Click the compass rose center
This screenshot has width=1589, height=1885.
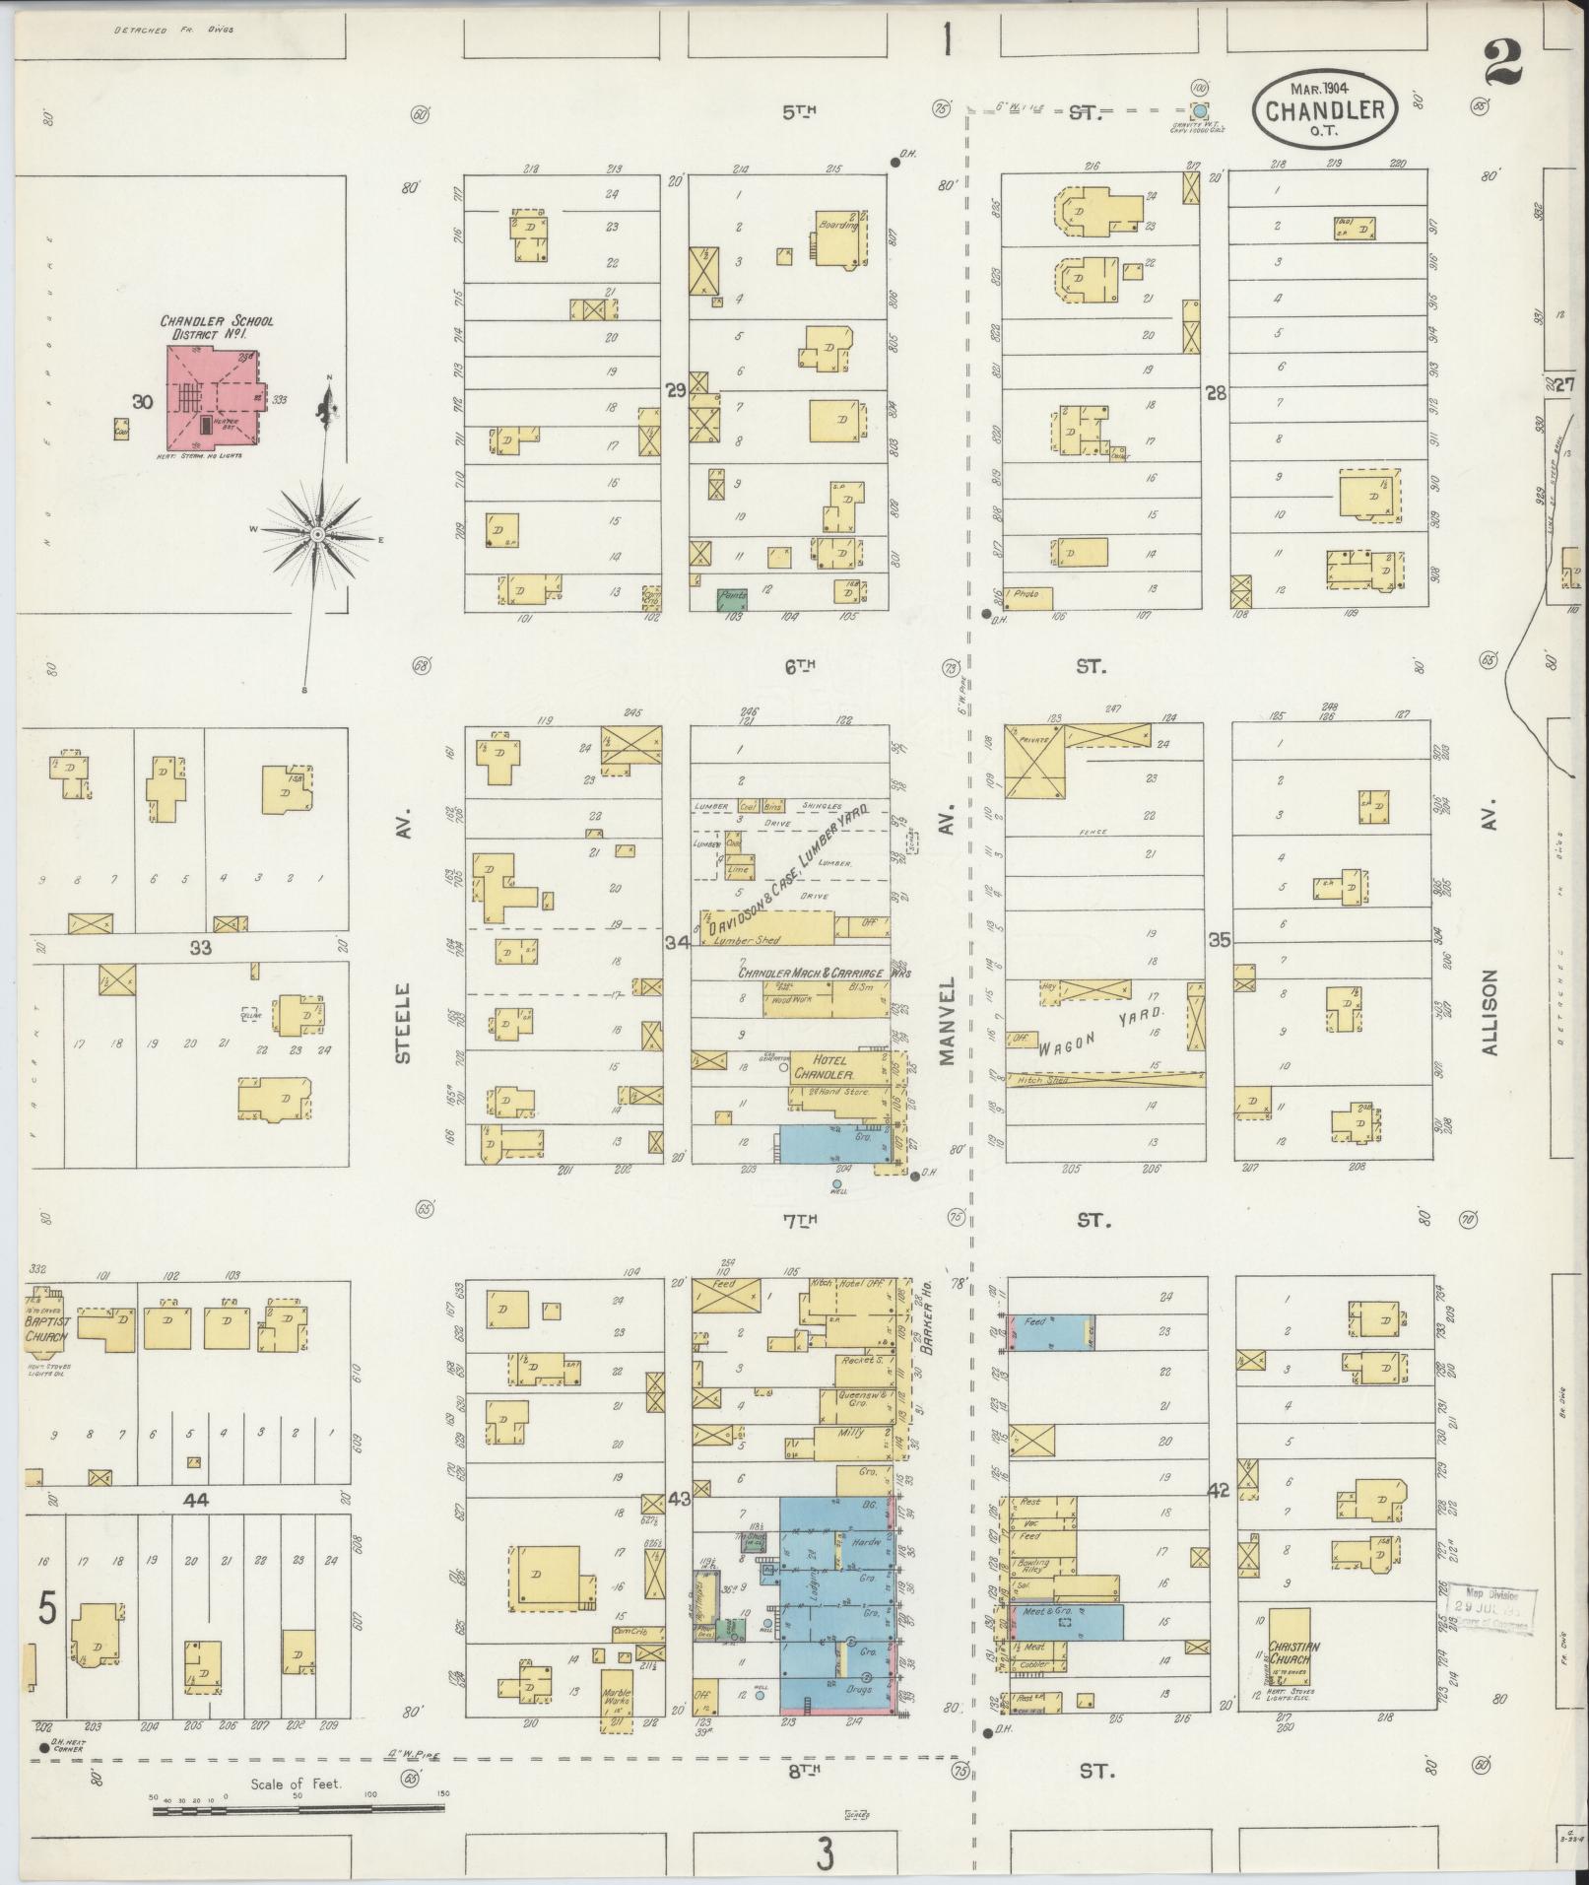(317, 533)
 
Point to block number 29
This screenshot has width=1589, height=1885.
(675, 391)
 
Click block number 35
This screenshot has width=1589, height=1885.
(1220, 940)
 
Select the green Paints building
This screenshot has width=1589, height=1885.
(732, 597)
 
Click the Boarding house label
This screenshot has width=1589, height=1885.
(838, 225)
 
